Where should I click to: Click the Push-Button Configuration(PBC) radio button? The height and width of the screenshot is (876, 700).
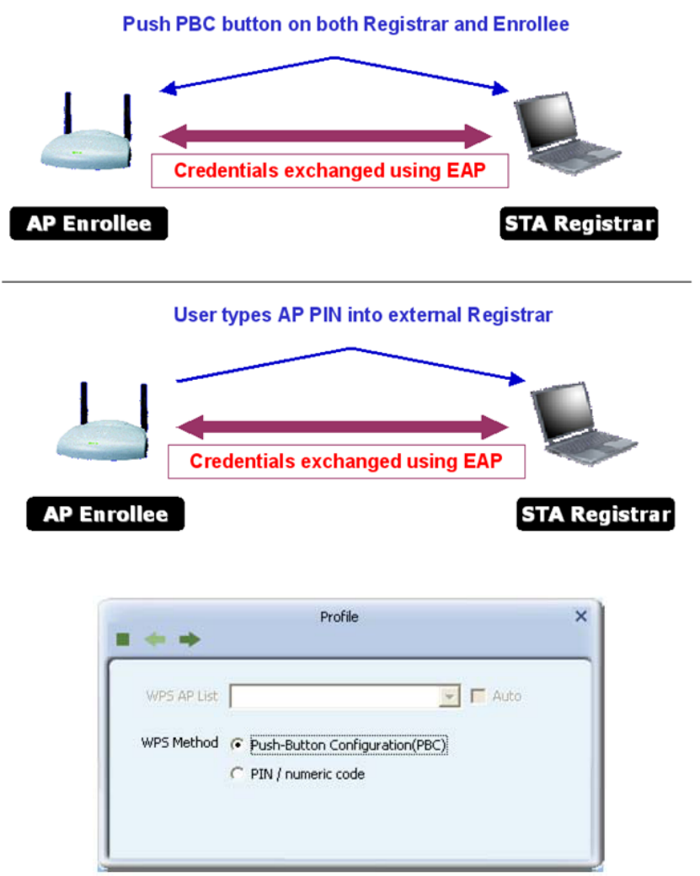[238, 745]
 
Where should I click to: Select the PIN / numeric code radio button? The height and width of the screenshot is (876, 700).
[238, 774]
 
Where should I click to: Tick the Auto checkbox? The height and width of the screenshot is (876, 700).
[478, 697]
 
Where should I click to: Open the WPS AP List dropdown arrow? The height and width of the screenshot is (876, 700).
[451, 697]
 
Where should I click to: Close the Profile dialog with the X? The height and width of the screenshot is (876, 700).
[580, 617]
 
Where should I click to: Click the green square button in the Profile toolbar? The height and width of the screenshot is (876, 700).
[123, 640]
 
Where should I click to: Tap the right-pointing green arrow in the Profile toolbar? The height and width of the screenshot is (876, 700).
[190, 640]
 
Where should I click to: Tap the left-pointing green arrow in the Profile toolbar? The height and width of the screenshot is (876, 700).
[155, 640]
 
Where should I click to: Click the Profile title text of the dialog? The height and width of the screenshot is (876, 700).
[339, 617]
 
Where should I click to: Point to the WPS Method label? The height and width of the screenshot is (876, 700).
[179, 743]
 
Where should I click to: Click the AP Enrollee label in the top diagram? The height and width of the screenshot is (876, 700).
[88, 223]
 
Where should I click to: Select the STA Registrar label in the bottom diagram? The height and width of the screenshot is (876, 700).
[596, 514]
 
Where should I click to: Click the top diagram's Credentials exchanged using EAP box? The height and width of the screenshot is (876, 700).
[330, 171]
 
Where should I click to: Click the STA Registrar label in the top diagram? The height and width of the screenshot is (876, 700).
[579, 224]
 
